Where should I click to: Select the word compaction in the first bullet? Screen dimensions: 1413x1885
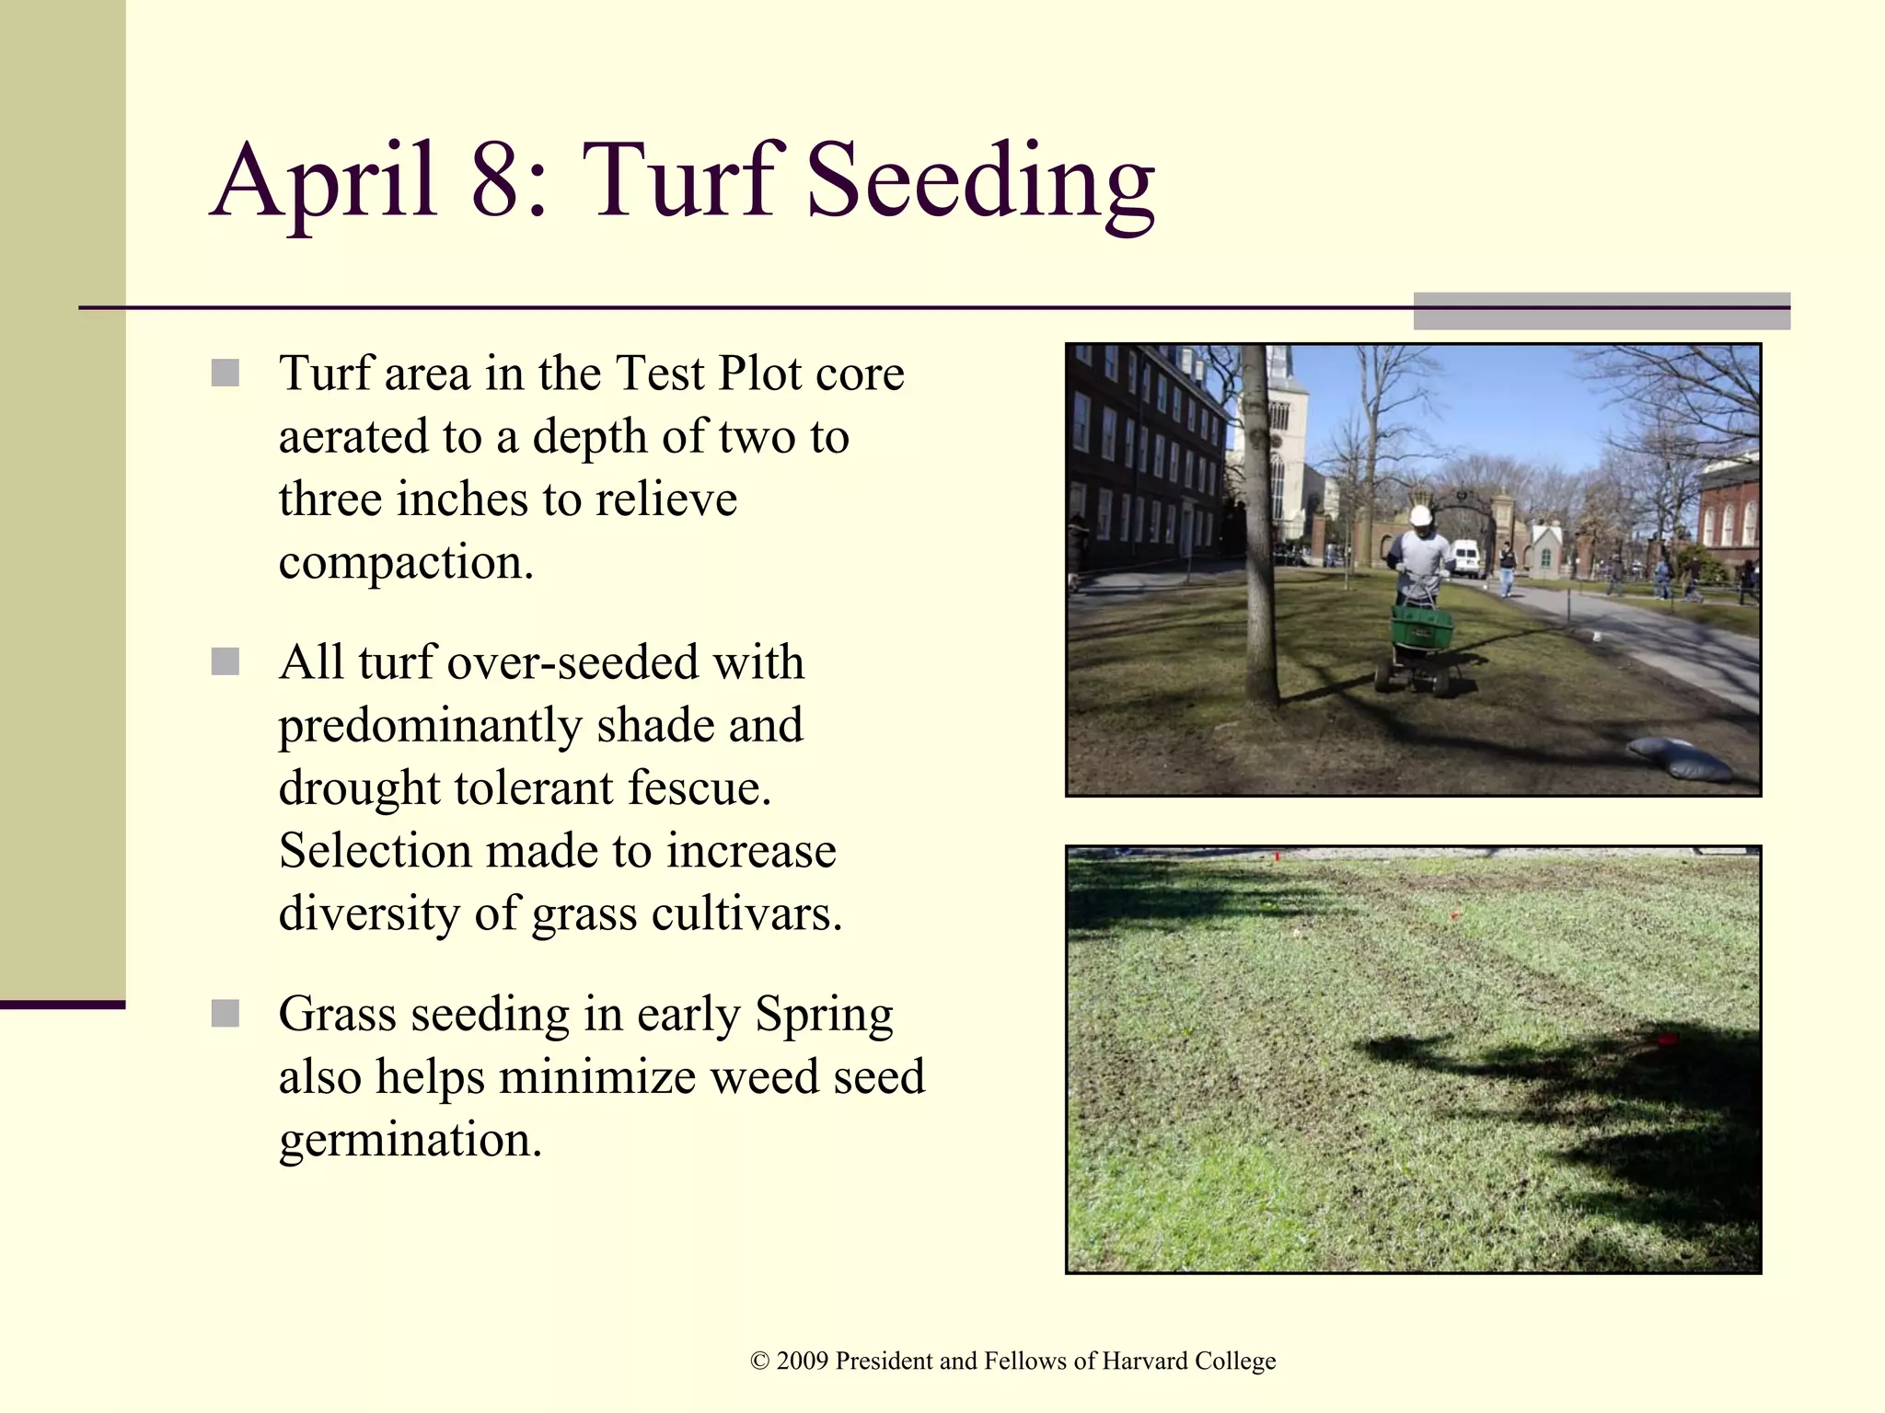[405, 563]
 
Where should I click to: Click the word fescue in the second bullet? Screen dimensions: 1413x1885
[700, 788]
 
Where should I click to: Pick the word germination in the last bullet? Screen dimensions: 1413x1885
[411, 1141]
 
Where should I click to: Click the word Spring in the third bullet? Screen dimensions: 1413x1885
[824, 1015]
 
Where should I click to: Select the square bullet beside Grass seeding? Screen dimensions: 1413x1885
[226, 1014]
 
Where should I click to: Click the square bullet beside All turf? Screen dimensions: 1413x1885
[226, 661]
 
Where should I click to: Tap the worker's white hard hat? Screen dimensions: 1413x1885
[1421, 515]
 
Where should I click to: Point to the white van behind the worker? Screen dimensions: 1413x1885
[1464, 557]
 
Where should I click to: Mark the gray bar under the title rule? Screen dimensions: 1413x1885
[1602, 311]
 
